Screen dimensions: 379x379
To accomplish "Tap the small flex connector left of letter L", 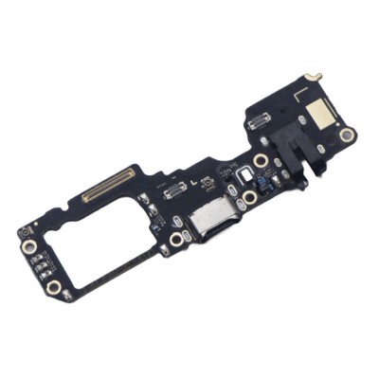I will (x=174, y=190).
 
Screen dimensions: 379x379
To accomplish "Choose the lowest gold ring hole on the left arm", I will (x=54, y=284).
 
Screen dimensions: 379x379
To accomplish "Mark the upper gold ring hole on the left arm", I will (x=31, y=248).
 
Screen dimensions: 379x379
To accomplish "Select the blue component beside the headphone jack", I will (x=269, y=176).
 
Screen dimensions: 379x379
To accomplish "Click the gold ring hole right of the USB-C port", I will (x=249, y=197).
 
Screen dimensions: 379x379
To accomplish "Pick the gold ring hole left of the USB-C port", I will (x=176, y=241).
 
